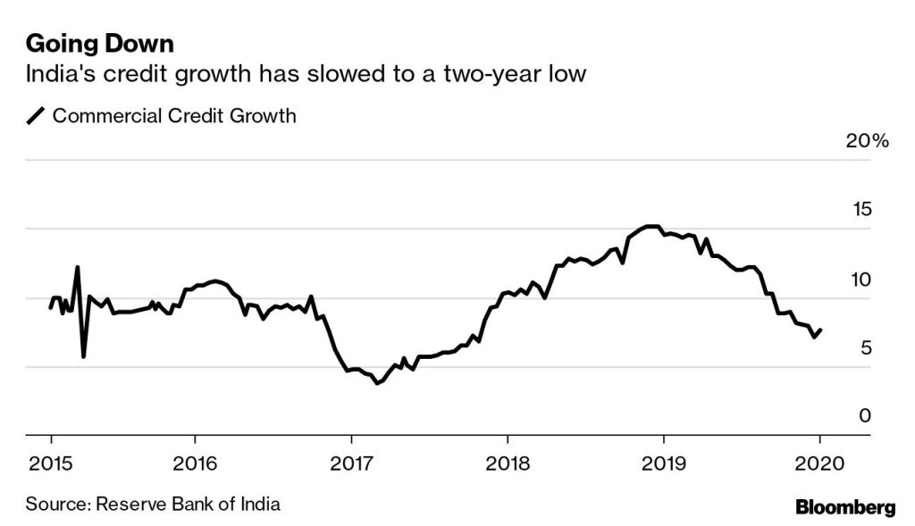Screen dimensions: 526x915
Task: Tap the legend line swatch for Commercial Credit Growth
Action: point(37,116)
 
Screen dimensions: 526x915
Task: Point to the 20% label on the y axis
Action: point(867,141)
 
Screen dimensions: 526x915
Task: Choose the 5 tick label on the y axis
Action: point(864,347)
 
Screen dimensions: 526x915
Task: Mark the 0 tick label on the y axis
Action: point(864,416)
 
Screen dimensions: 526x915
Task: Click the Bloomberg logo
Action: point(844,507)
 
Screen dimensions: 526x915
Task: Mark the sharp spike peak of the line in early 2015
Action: point(78,266)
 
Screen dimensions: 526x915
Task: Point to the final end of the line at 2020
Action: point(820,330)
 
